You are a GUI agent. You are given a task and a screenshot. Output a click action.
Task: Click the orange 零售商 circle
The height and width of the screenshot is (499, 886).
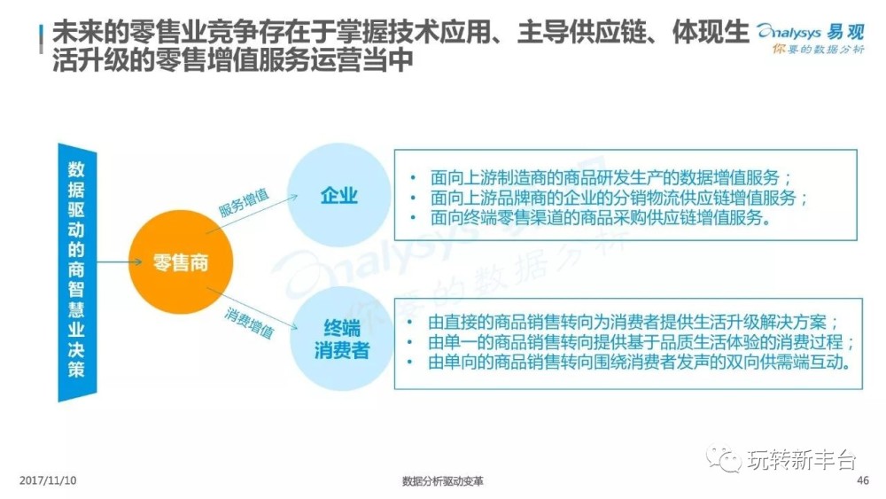tap(181, 262)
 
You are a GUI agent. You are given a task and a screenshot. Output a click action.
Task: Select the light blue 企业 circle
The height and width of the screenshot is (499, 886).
tap(339, 195)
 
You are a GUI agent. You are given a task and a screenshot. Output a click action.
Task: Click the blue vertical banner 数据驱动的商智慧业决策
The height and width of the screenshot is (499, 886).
tap(77, 272)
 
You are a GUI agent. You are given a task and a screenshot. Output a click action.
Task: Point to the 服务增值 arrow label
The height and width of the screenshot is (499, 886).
tap(245, 203)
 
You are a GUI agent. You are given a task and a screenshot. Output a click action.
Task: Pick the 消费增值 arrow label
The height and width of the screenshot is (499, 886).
tap(249, 322)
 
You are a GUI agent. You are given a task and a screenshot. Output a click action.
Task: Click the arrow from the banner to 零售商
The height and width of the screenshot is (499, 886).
tap(120, 261)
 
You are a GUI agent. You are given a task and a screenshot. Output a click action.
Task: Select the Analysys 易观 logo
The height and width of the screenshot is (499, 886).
tap(811, 32)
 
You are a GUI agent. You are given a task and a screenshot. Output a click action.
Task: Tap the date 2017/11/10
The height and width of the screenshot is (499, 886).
tap(48, 480)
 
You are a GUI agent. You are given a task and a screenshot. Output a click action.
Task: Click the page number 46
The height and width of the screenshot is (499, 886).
tap(863, 480)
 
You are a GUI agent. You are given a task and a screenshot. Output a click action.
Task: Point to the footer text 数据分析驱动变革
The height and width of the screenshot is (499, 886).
tap(442, 481)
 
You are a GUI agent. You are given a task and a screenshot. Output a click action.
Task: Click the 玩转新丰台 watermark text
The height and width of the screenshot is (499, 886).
tap(801, 459)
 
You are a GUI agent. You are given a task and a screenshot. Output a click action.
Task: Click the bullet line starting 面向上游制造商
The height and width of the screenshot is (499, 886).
tap(610, 177)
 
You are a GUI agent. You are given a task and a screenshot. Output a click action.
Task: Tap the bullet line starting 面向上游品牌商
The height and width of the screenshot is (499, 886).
tap(618, 198)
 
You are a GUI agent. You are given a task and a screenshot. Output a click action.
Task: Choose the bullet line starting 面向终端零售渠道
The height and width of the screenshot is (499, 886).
tap(601, 217)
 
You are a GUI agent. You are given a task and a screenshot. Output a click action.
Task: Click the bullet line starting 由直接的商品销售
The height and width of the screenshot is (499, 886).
tap(633, 323)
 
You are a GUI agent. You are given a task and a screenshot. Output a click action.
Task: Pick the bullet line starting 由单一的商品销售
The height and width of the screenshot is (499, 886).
tap(641, 342)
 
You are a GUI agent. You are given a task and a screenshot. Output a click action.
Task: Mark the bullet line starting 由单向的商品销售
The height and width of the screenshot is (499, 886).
tap(639, 363)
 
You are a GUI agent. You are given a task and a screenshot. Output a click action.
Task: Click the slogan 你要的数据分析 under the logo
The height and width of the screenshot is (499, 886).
tap(818, 49)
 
